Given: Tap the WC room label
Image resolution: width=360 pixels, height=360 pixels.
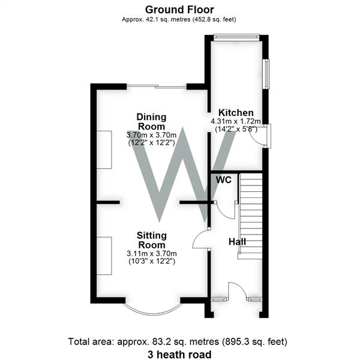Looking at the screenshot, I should (224, 179).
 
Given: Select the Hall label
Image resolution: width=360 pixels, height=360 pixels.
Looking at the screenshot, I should (237, 242).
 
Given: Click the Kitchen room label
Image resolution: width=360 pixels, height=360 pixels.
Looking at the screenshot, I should (235, 113).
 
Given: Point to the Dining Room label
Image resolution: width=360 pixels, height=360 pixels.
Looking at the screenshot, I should (151, 121).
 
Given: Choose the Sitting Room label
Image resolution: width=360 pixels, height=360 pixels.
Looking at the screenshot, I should (151, 240).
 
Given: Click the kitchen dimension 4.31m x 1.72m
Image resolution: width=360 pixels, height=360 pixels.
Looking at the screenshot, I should (235, 122).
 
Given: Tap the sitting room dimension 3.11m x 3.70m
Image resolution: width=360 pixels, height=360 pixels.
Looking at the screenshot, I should (151, 254).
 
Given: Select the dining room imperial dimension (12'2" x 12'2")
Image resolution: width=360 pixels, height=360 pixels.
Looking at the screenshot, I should (151, 143).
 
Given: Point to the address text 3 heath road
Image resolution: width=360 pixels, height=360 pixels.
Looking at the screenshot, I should (178, 355).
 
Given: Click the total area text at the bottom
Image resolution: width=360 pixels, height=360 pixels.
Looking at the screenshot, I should (178, 341).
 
